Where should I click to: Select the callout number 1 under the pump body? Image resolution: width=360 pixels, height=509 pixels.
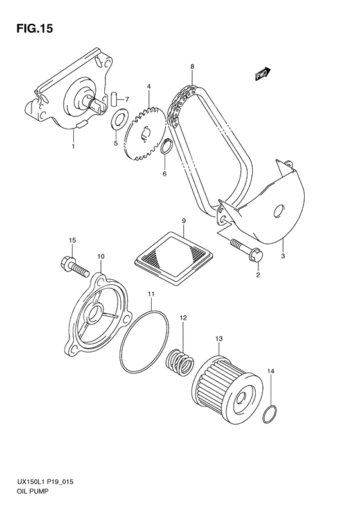tap(73, 147)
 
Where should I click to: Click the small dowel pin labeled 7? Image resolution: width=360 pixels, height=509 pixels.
tap(114, 99)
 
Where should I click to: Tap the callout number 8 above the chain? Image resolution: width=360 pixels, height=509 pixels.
tap(192, 66)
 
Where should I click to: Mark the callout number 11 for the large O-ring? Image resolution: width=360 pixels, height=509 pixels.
tap(150, 295)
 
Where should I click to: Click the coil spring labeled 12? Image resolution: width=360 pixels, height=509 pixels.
tap(180, 362)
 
